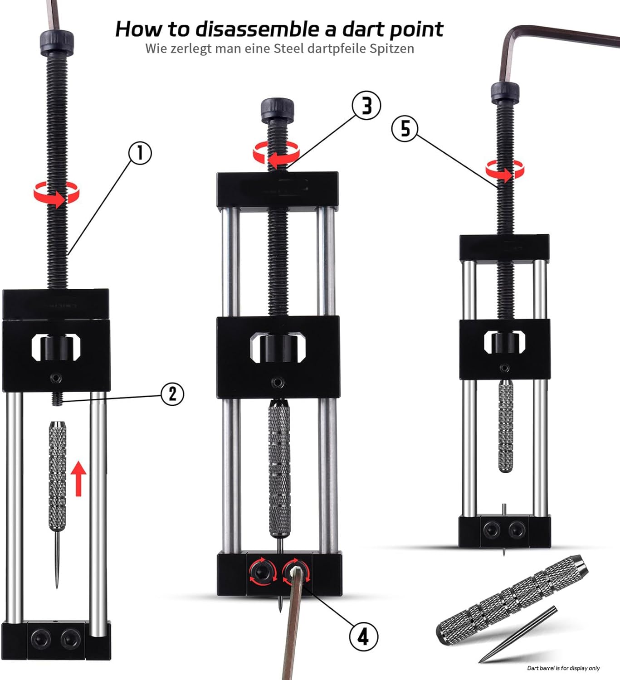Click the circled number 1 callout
click(x=140, y=153)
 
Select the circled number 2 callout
click(x=172, y=394)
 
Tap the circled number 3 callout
click(x=366, y=106)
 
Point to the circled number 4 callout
click(x=364, y=636)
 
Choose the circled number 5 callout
click(x=405, y=129)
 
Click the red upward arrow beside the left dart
click(x=78, y=478)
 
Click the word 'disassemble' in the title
click(x=259, y=29)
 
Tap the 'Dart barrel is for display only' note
click(x=563, y=668)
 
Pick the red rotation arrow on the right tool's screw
click(x=505, y=170)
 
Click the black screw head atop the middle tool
click(x=277, y=110)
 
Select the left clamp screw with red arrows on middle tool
click(x=263, y=573)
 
